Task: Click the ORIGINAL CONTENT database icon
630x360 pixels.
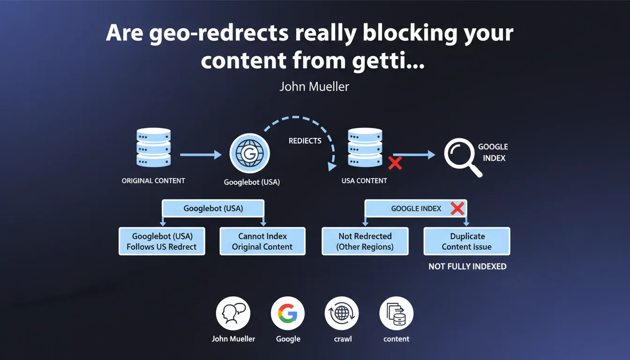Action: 153,148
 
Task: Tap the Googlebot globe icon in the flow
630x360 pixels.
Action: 249,153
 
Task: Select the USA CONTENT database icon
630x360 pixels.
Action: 365,148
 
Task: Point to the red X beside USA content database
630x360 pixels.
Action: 395,163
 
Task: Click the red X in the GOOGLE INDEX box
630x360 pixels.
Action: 457,209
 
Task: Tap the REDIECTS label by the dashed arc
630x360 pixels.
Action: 305,141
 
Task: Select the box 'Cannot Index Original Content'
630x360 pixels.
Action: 262,241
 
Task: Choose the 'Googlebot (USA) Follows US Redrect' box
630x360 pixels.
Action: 162,241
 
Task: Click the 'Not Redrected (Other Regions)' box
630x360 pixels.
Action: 365,241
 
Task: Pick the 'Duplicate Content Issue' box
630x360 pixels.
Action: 467,241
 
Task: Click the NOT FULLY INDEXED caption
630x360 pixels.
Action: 467,266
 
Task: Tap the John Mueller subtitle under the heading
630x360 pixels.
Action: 314,87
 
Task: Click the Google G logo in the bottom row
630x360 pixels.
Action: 288,314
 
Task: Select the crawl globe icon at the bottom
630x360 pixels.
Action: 342,314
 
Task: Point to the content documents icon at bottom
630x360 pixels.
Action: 396,314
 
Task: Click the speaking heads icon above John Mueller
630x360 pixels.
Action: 233,314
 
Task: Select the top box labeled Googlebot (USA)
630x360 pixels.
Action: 213,208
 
